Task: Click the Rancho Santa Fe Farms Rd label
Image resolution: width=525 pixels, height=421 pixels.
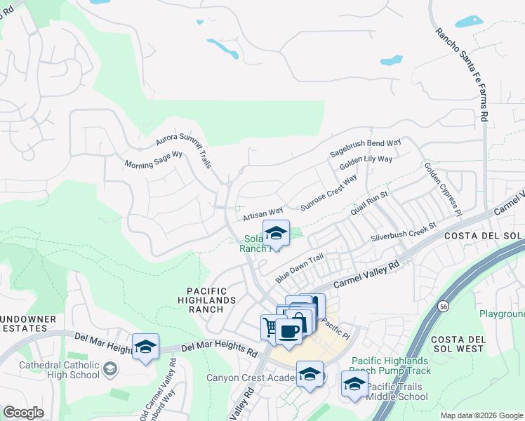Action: [x=461, y=76]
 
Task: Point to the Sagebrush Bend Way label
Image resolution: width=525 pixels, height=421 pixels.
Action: [x=366, y=148]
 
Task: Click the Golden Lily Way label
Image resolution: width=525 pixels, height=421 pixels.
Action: [x=366, y=163]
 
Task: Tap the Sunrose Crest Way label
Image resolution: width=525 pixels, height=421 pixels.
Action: [x=328, y=194]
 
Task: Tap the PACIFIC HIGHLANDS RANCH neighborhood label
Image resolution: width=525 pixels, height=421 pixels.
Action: [x=211, y=300]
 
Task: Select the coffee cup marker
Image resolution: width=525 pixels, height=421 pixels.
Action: [x=288, y=330]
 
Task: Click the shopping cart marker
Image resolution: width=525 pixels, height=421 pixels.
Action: [x=270, y=326]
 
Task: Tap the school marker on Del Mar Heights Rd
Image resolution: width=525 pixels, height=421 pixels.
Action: [x=145, y=347]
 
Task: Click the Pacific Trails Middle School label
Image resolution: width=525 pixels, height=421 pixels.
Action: [x=398, y=392]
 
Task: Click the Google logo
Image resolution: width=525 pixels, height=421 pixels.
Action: [x=23, y=413]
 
